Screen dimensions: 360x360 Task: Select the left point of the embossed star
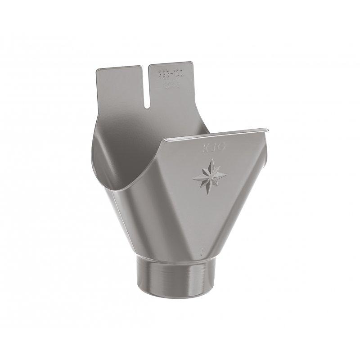pos(191,175)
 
